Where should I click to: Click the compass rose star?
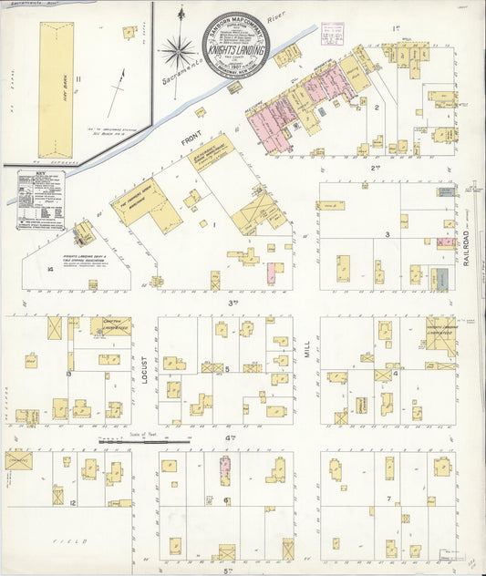[x=176, y=50]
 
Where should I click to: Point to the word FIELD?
[x=67, y=540]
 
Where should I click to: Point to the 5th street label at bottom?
[x=224, y=570]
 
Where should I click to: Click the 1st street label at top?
[x=396, y=28]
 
